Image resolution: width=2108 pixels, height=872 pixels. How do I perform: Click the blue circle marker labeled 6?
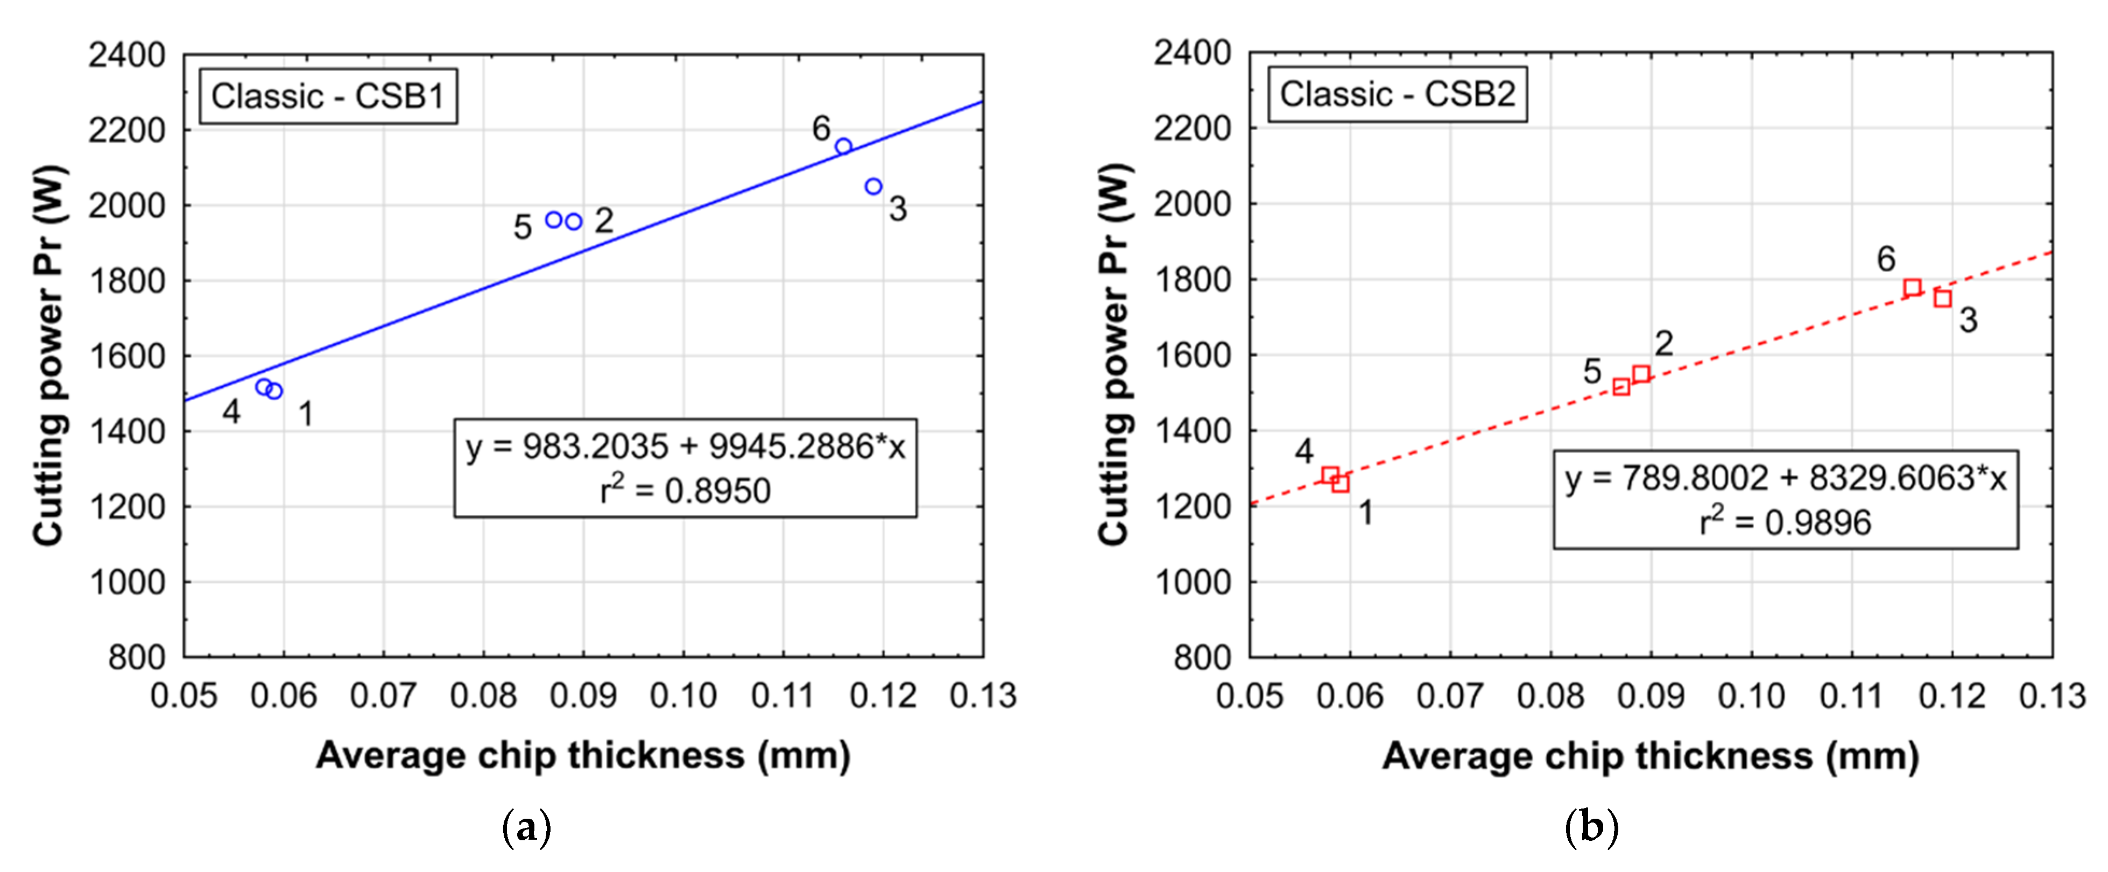tap(844, 146)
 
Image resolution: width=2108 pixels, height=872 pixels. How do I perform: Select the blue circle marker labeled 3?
tap(873, 187)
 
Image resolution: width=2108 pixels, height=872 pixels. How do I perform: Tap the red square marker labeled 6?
tap(1913, 287)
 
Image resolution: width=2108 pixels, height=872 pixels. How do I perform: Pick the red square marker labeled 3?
tap(1943, 299)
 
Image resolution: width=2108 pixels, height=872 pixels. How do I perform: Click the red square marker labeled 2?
tap(1641, 374)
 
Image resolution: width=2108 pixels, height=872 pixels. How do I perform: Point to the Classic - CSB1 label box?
tap(328, 96)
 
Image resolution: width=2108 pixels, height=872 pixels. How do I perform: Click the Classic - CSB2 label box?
tap(1397, 95)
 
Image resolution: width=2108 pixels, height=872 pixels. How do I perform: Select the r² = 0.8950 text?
tap(686, 491)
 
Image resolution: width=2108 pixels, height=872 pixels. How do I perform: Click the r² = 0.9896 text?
tap(1786, 522)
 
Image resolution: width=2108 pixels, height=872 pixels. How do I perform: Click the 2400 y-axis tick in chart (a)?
tap(127, 55)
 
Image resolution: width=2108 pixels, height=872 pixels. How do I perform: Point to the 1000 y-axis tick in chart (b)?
tap(1192, 583)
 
